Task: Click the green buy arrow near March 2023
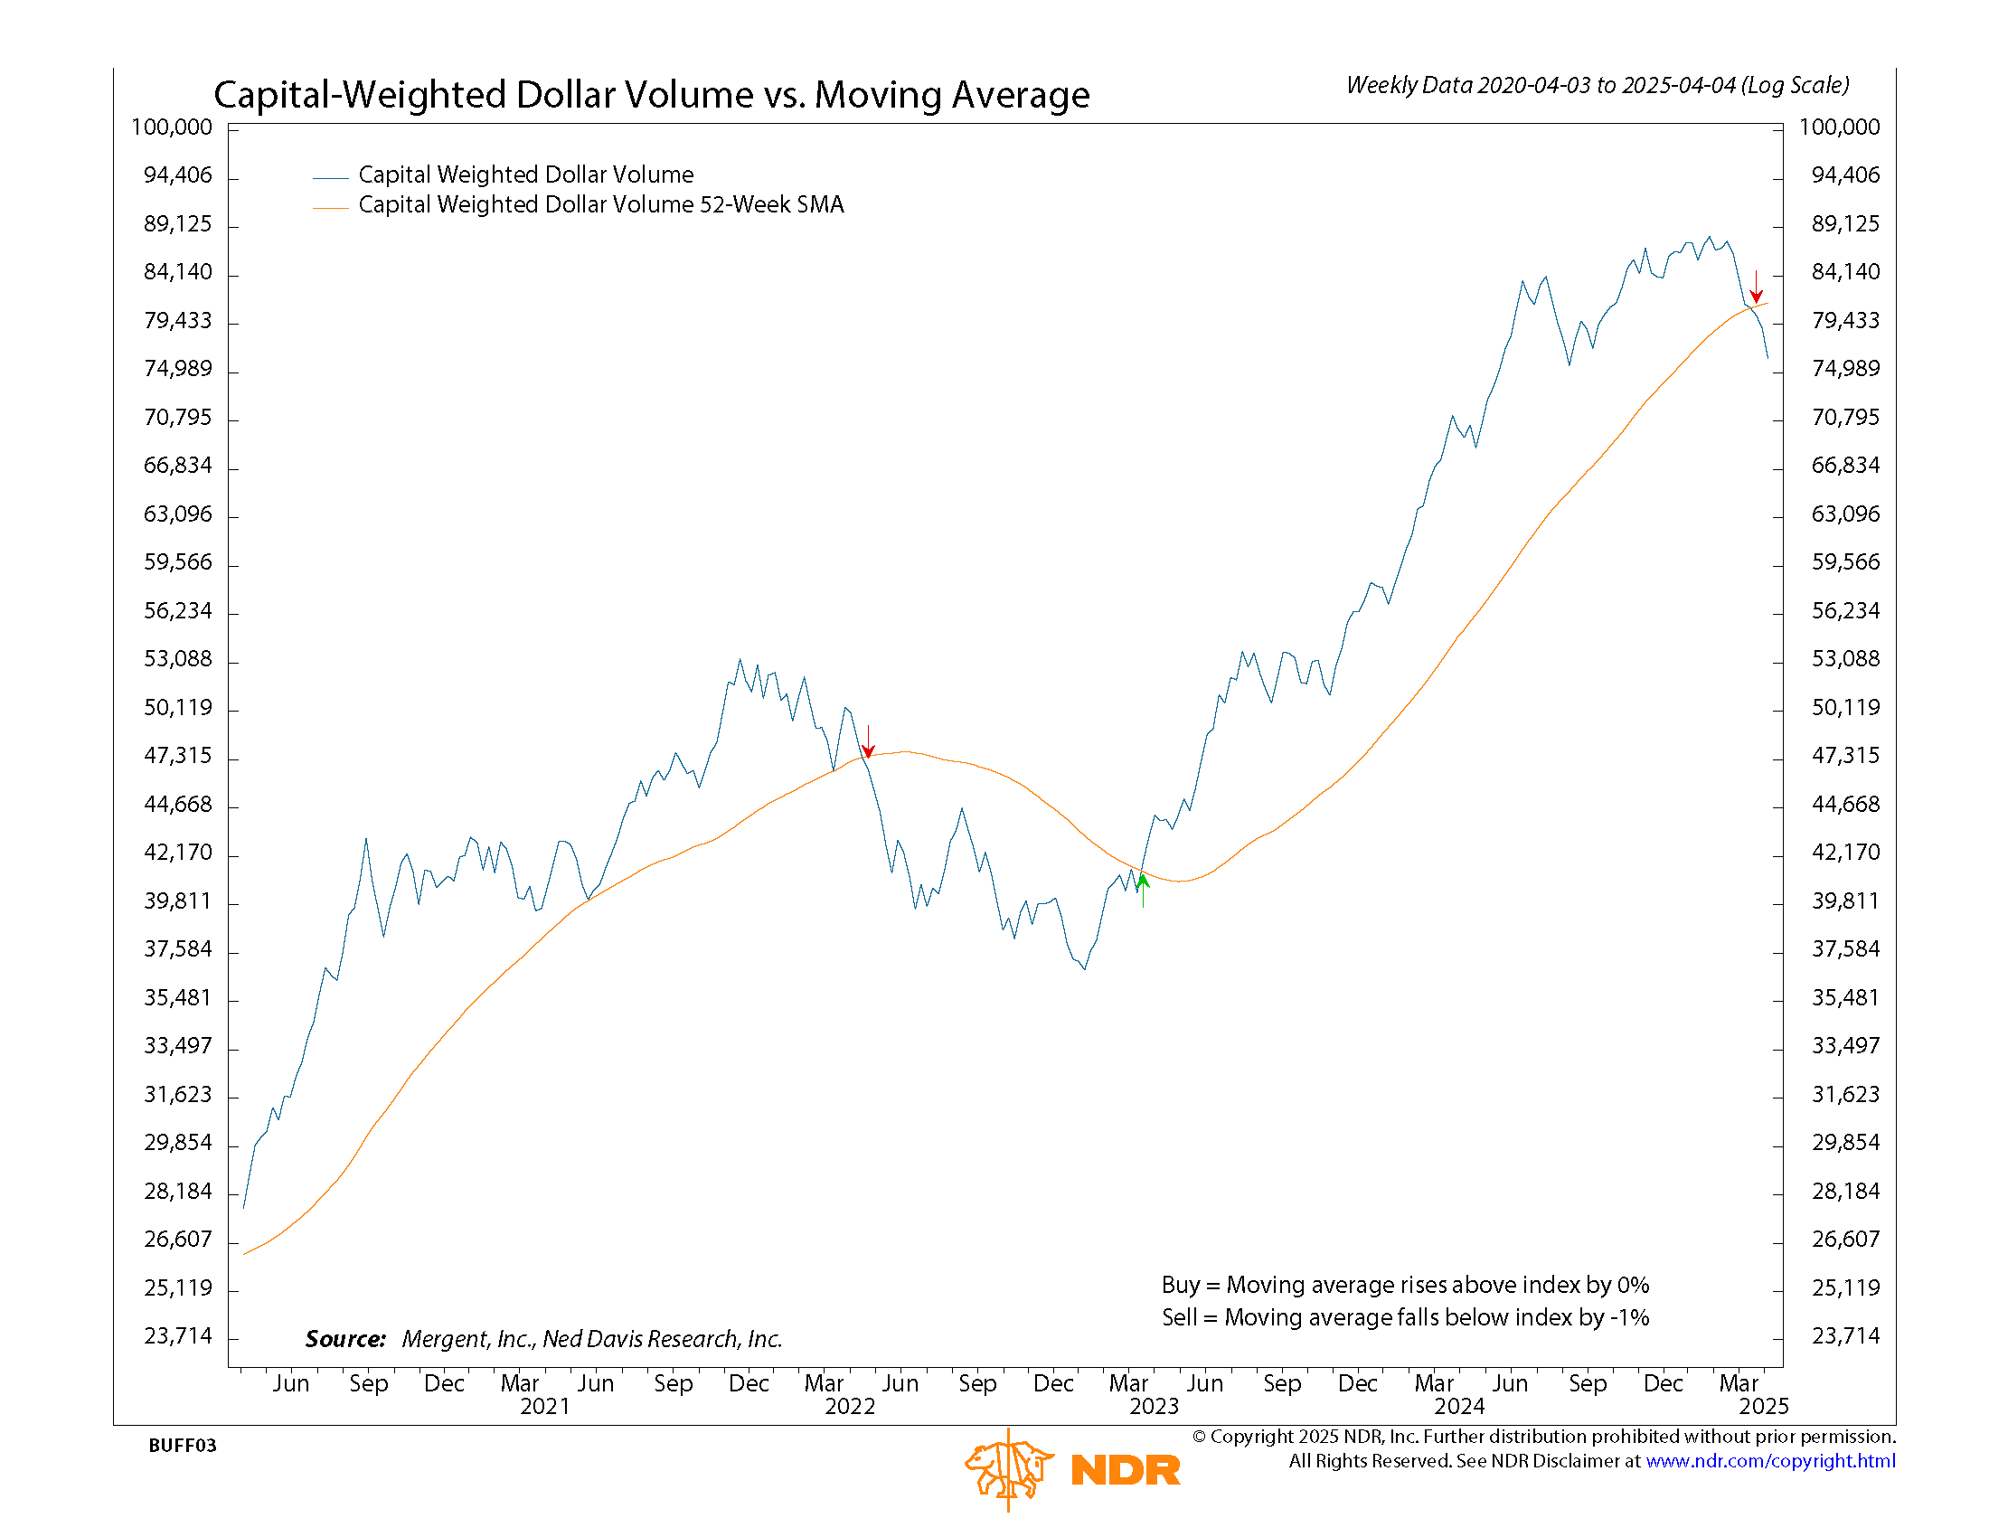point(1143,887)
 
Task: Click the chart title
point(651,95)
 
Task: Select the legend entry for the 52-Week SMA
point(600,205)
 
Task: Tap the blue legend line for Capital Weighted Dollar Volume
point(331,177)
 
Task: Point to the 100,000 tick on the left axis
point(171,127)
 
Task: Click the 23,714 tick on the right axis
point(1845,1335)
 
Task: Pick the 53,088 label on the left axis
point(177,658)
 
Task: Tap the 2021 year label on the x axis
point(544,1407)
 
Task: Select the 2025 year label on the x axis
point(1763,1407)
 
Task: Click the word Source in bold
point(345,1339)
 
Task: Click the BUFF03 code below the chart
point(182,1446)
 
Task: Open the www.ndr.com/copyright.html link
point(1769,1461)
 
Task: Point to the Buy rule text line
point(1404,1285)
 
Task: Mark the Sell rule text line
point(1404,1317)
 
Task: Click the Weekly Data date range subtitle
point(1598,86)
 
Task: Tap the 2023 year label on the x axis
point(1154,1407)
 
